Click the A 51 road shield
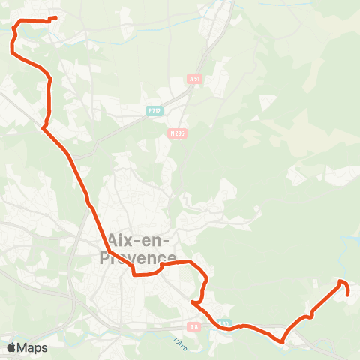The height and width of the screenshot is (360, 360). point(195,78)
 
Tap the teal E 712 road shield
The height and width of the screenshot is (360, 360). point(154,111)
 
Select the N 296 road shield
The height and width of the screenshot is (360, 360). point(178,133)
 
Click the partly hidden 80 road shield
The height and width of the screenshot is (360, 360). point(225,324)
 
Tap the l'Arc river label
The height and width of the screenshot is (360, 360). point(179,344)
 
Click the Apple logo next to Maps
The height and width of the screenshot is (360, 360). point(11,347)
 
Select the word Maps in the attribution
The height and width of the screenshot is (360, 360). point(32,347)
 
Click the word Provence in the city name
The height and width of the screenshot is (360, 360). point(133,257)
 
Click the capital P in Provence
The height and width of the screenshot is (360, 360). point(106,257)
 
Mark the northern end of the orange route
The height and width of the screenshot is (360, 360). point(56,18)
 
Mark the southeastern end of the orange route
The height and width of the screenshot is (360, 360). point(349,294)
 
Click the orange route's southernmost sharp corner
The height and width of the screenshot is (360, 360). point(283,342)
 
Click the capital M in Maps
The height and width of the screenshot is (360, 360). point(22,347)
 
